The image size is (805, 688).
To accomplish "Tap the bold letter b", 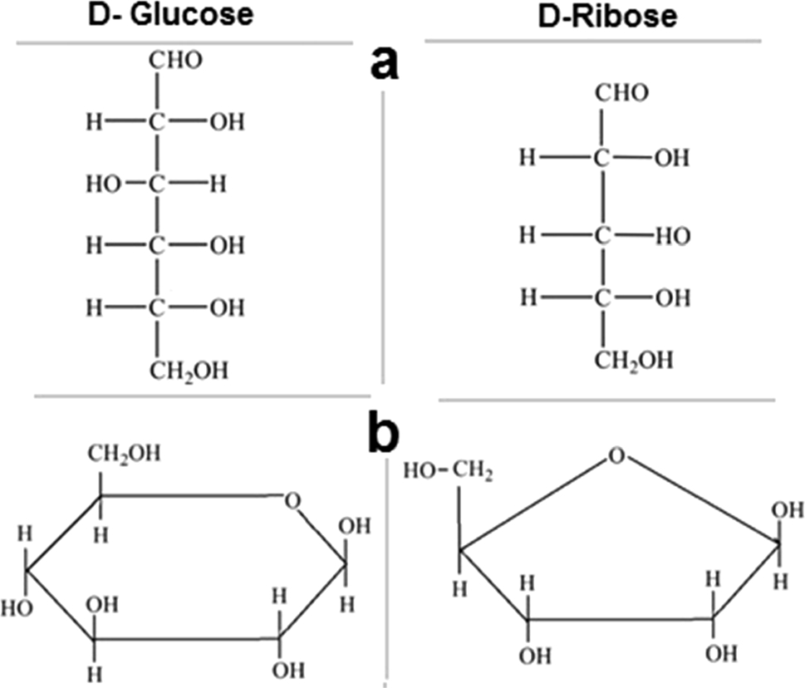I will [x=384, y=434].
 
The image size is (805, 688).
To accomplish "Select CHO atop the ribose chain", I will [x=621, y=93].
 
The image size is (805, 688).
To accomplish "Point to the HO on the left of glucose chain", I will [x=103, y=184].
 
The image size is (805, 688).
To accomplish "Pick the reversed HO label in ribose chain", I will [x=671, y=236].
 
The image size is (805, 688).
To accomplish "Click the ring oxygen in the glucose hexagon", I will [x=290, y=500].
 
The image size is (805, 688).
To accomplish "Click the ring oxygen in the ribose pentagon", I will [x=615, y=455].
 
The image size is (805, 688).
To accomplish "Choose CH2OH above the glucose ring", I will [x=121, y=454].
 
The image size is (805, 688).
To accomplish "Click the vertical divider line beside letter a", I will [x=384, y=233].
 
